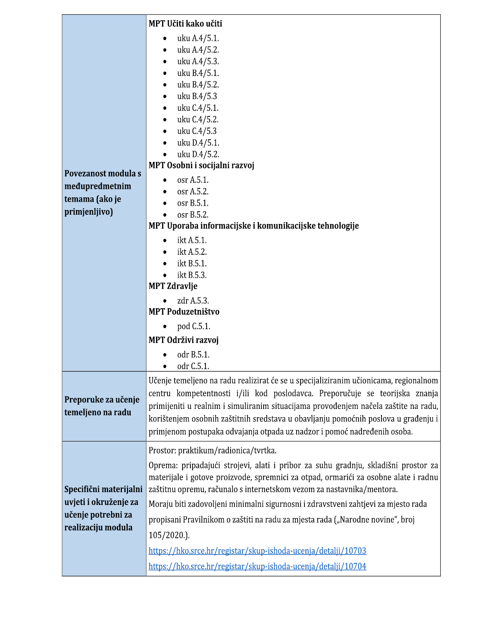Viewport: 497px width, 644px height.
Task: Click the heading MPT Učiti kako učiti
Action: pyautogui.click(x=185, y=24)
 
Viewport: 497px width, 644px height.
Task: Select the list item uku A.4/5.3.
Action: pyautogui.click(x=198, y=61)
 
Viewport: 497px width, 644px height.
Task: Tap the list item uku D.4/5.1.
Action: pyautogui.click(x=198, y=143)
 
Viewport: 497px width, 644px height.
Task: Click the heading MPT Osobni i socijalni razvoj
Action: pyautogui.click(x=201, y=165)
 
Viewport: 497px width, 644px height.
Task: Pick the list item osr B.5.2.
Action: pyautogui.click(x=193, y=215)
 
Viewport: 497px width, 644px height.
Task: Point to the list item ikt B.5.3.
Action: pyautogui.click(x=192, y=275)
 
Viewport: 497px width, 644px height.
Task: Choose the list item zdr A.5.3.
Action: pyautogui.click(x=193, y=300)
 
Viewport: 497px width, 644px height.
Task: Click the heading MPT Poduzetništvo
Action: pyautogui.click(x=184, y=311)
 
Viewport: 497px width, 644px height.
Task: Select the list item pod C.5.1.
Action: pyautogui.click(x=194, y=326)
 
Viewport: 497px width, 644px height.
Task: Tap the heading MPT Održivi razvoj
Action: pyautogui.click(x=184, y=340)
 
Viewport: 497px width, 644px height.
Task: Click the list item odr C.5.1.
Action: pyautogui.click(x=193, y=366)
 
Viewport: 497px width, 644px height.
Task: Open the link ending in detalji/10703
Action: pyautogui.click(x=257, y=550)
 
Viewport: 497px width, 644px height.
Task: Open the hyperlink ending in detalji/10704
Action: pyautogui.click(x=257, y=566)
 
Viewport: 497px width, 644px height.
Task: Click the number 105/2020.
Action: pyautogui.click(x=169, y=535)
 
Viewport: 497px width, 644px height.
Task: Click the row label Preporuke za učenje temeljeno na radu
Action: pyautogui.click(x=102, y=406)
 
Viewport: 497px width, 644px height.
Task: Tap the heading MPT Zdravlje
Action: pyautogui.click(x=173, y=286)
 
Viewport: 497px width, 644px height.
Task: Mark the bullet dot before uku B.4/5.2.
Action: pyautogui.click(x=165, y=85)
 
